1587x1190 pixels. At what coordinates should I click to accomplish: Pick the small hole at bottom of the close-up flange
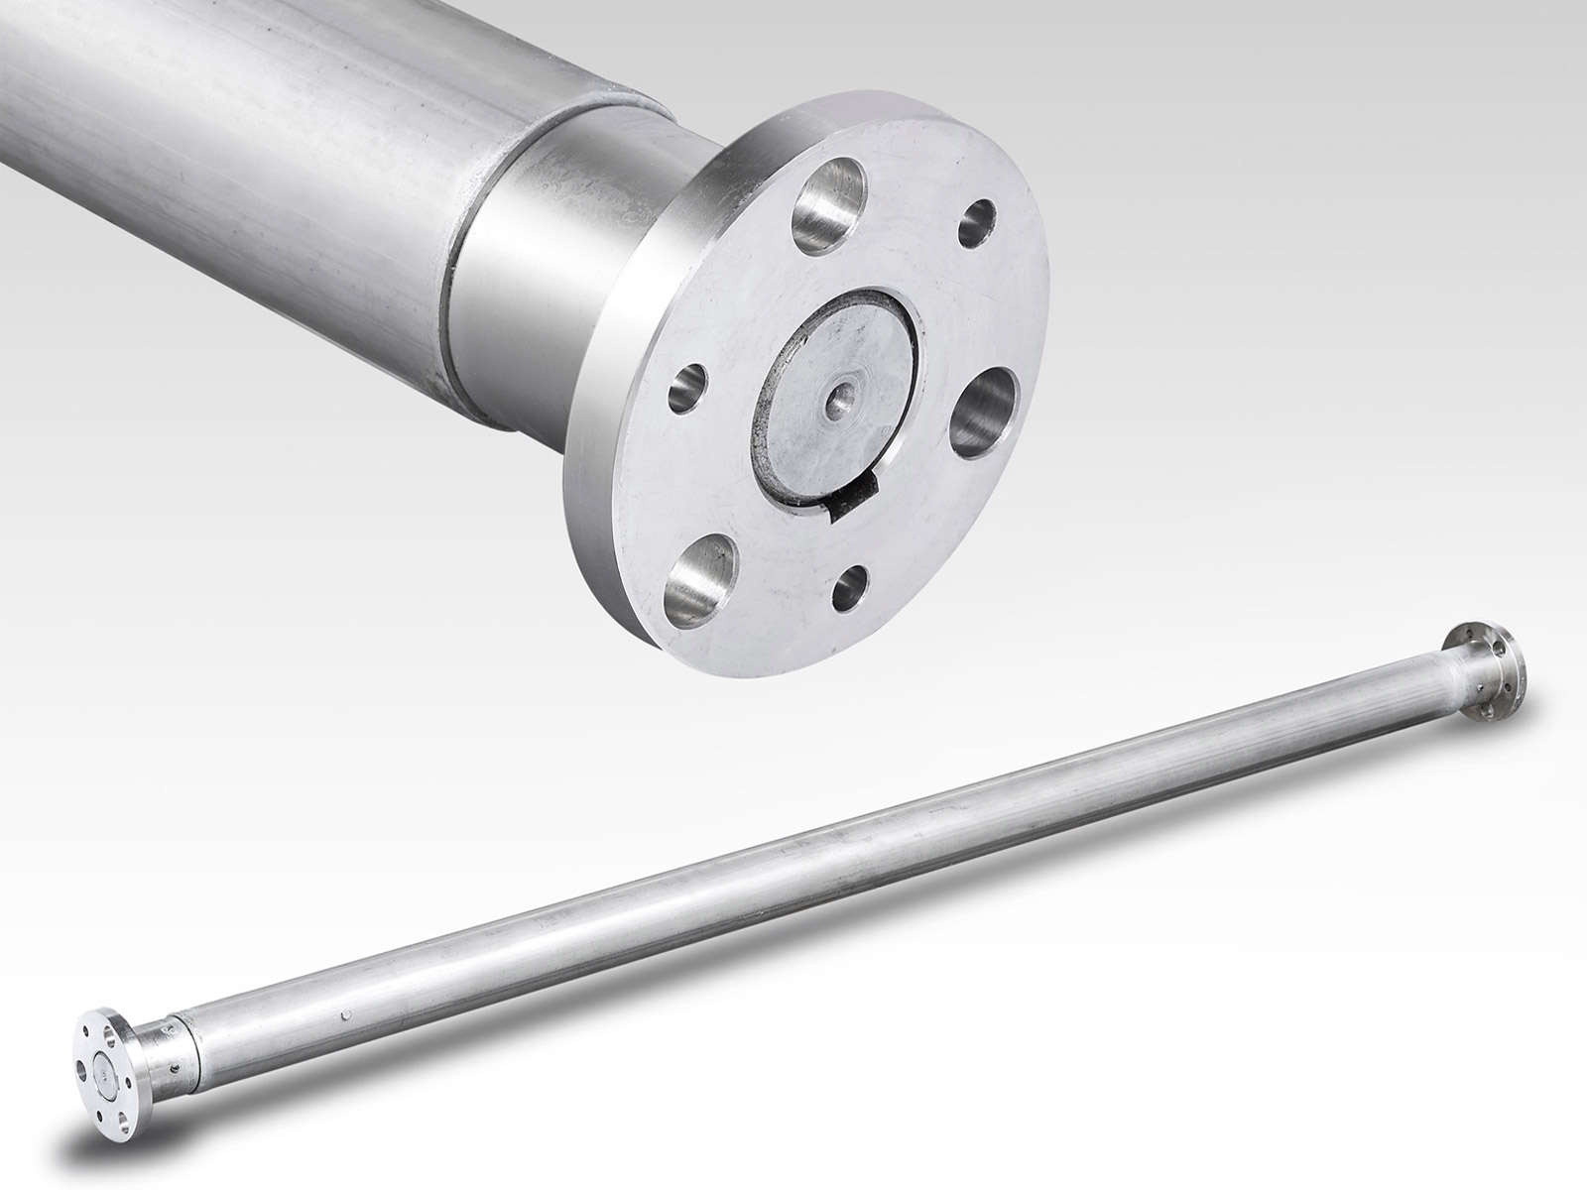point(849,590)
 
